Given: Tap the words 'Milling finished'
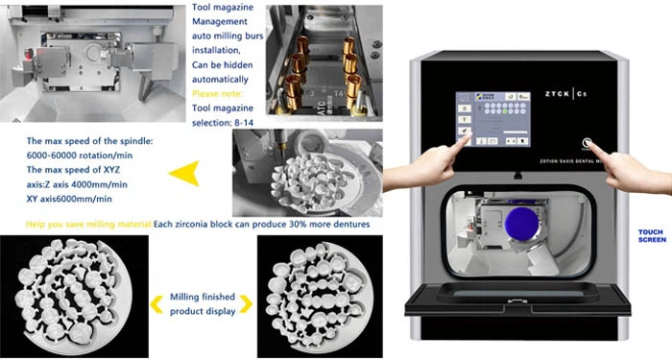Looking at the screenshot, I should point(200,298).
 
